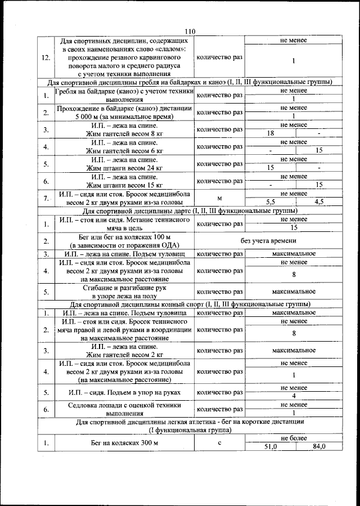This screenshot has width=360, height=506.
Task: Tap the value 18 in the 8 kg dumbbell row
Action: tap(270, 133)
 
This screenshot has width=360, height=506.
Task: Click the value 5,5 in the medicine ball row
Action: tap(270, 201)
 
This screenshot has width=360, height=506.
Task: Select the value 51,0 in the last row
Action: tap(271, 446)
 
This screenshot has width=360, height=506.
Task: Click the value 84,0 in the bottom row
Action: tap(319, 446)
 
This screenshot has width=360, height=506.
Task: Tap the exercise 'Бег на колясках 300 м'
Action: tap(125, 443)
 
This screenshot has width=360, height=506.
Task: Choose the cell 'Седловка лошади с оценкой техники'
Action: tap(125, 405)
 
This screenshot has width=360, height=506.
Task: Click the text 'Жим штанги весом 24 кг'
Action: tap(125, 168)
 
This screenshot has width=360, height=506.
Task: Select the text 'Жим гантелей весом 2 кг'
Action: tap(125, 355)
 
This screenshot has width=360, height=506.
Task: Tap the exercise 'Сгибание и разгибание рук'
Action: tap(125, 287)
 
